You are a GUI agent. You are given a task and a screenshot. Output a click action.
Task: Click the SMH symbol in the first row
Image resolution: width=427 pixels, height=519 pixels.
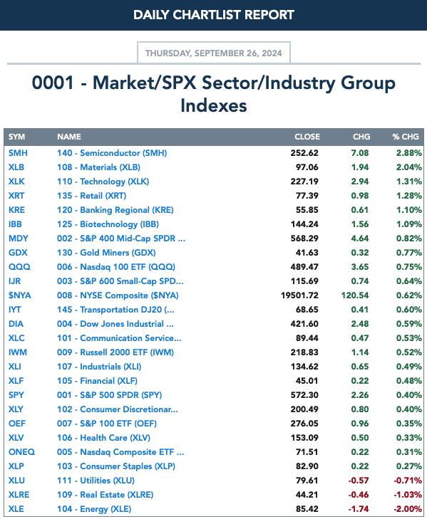(18, 153)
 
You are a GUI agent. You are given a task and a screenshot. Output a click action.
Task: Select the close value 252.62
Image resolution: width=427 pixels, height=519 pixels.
(304, 153)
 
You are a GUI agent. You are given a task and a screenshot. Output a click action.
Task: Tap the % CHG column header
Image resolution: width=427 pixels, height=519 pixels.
(406, 137)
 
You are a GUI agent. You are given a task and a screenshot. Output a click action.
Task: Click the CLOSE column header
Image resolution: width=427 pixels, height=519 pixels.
(307, 137)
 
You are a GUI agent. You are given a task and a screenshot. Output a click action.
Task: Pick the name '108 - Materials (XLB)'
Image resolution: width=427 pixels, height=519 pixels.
(98, 167)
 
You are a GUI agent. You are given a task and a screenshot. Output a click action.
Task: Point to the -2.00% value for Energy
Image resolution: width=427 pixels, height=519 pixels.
(408, 509)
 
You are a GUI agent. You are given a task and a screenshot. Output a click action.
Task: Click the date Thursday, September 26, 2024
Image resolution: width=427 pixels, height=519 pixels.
(214, 53)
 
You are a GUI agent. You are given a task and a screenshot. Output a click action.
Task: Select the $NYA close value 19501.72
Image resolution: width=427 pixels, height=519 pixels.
(299, 295)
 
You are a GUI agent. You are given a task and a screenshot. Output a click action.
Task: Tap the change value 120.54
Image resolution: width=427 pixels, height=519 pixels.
(355, 295)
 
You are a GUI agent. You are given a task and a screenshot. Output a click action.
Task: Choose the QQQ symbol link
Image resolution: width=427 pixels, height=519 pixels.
(19, 267)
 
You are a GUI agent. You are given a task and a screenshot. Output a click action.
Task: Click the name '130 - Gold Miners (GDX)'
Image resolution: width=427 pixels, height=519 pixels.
(106, 253)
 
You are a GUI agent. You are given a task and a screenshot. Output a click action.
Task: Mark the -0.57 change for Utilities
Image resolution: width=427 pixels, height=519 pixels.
(359, 481)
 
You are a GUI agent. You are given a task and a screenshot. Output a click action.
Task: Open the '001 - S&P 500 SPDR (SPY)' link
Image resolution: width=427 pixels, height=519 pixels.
(109, 395)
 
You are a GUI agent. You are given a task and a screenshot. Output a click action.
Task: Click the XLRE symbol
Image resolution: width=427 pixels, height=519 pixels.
(19, 495)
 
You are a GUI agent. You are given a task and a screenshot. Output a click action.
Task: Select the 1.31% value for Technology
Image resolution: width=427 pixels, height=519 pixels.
(409, 182)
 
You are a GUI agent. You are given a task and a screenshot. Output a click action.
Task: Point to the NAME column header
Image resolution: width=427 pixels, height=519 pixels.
(69, 137)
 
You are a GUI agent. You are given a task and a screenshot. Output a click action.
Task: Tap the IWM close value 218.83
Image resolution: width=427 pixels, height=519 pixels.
(304, 352)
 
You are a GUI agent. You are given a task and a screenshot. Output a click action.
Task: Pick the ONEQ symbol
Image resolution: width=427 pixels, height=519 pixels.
(21, 452)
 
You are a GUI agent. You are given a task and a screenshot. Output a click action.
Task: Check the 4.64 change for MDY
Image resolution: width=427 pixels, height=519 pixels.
(360, 238)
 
